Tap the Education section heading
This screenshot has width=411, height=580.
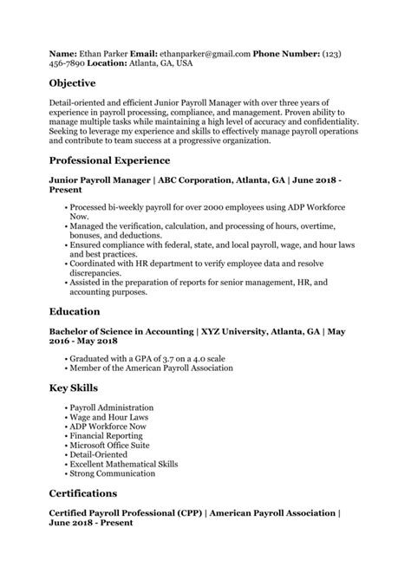(x=75, y=310)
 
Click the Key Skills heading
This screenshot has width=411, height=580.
(x=73, y=387)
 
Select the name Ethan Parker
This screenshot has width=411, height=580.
(x=104, y=54)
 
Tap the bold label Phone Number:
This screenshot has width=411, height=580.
(x=286, y=54)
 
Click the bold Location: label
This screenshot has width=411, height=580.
(x=103, y=64)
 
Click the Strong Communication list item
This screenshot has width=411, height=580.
(x=112, y=474)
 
